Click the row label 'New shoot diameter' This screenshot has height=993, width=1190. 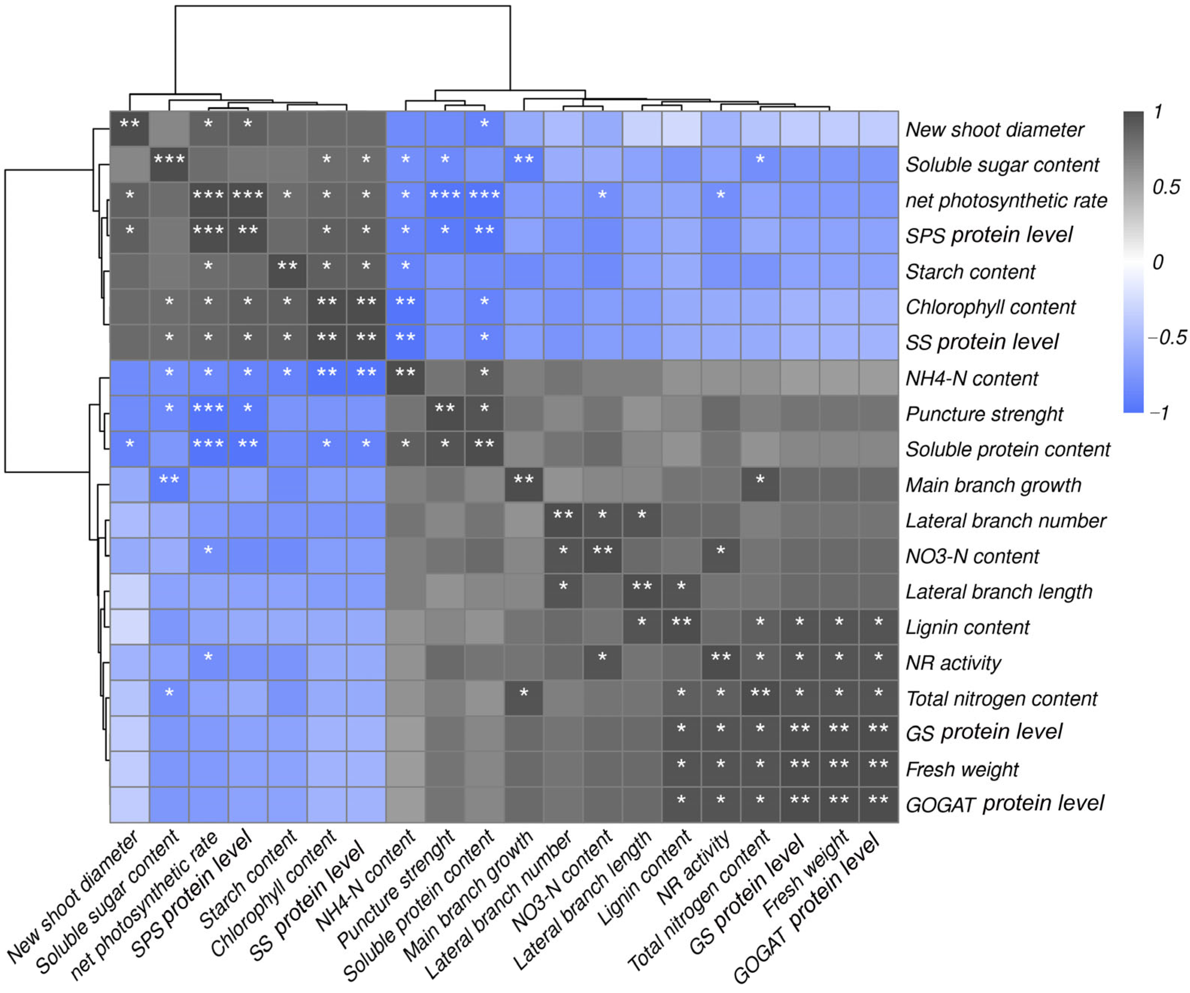coord(995,130)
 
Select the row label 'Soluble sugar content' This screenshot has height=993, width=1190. coord(1002,165)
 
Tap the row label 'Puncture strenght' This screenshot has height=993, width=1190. coord(984,414)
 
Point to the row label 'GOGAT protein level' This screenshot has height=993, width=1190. coord(1005,803)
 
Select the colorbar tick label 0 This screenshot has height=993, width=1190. coord(1158,262)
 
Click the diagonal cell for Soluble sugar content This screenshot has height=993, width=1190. coord(169,164)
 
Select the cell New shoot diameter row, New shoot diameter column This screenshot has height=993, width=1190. coord(129,129)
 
